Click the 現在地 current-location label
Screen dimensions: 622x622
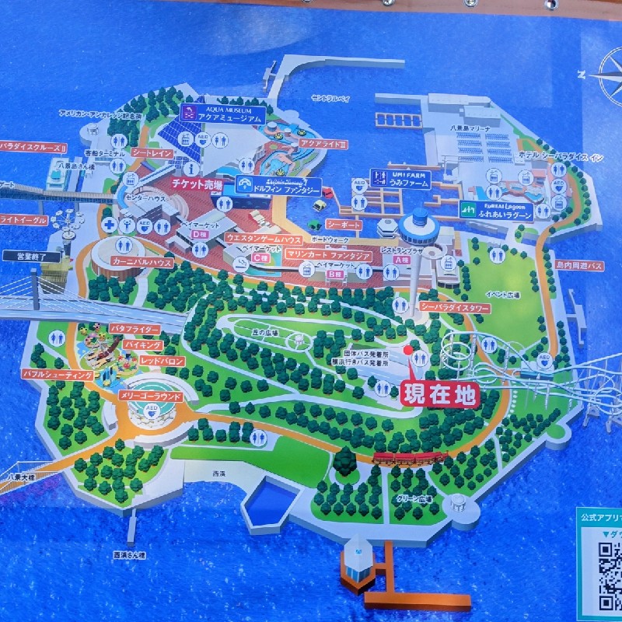439,395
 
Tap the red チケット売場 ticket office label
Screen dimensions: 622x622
197,186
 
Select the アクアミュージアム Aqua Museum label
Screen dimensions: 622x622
222,114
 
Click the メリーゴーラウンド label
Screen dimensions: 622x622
149,396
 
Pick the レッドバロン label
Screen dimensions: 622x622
162,362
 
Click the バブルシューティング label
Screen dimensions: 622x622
58,375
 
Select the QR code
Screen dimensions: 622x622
610,575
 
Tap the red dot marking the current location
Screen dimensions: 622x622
408,351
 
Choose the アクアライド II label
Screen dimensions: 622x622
323,145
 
